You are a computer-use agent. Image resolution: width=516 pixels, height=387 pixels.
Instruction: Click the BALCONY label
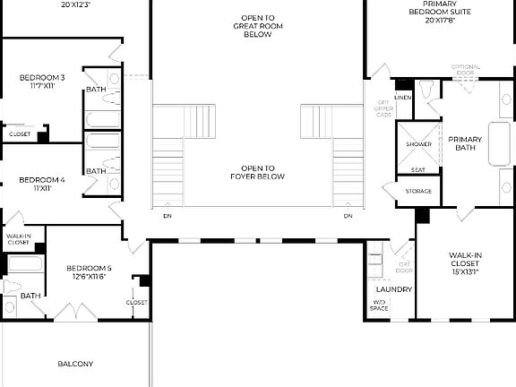(x=75, y=364)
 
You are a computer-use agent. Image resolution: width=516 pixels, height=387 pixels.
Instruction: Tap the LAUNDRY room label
(x=393, y=289)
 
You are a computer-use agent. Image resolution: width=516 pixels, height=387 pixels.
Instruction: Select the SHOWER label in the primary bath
(x=418, y=144)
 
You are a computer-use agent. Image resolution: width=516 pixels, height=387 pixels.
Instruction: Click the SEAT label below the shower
(x=417, y=169)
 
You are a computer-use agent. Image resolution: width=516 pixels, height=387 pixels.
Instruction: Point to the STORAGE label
(x=418, y=191)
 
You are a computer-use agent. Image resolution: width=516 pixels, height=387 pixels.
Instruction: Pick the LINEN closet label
(x=402, y=97)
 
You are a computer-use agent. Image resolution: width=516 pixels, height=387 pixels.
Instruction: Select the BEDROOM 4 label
(x=41, y=184)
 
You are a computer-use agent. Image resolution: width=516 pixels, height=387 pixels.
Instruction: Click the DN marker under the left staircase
(x=168, y=216)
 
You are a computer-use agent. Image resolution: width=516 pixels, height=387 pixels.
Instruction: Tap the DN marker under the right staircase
(x=348, y=216)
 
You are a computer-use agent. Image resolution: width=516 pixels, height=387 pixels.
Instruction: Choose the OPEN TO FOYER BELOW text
(x=257, y=172)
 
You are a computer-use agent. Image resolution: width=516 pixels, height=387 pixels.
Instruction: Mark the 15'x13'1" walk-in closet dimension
(x=466, y=271)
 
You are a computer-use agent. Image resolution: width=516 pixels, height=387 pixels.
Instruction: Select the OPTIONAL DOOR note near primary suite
(x=466, y=70)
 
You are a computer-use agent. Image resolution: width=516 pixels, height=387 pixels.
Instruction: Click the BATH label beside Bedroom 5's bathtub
(x=30, y=296)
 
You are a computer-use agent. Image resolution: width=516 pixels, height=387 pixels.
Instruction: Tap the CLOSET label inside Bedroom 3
(x=19, y=134)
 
